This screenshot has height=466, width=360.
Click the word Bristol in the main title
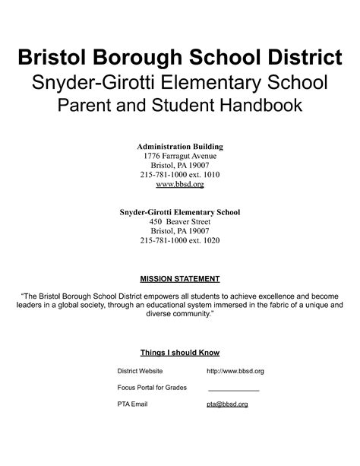point(52,57)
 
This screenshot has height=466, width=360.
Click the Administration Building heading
point(180,145)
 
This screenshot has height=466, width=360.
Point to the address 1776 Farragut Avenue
point(180,155)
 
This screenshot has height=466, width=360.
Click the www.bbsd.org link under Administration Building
point(180,184)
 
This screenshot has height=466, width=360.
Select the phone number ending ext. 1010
point(180,174)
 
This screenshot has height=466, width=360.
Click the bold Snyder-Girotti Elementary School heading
point(180,211)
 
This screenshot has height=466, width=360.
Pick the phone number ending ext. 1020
point(180,240)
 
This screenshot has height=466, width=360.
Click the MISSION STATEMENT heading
point(180,278)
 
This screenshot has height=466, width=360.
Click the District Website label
point(140,370)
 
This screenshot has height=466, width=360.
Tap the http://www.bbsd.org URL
point(235,370)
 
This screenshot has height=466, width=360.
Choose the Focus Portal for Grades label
point(152,387)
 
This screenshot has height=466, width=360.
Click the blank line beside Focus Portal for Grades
point(233,388)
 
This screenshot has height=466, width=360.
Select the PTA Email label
point(132,404)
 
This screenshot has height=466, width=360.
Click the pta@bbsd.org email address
point(227,404)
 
